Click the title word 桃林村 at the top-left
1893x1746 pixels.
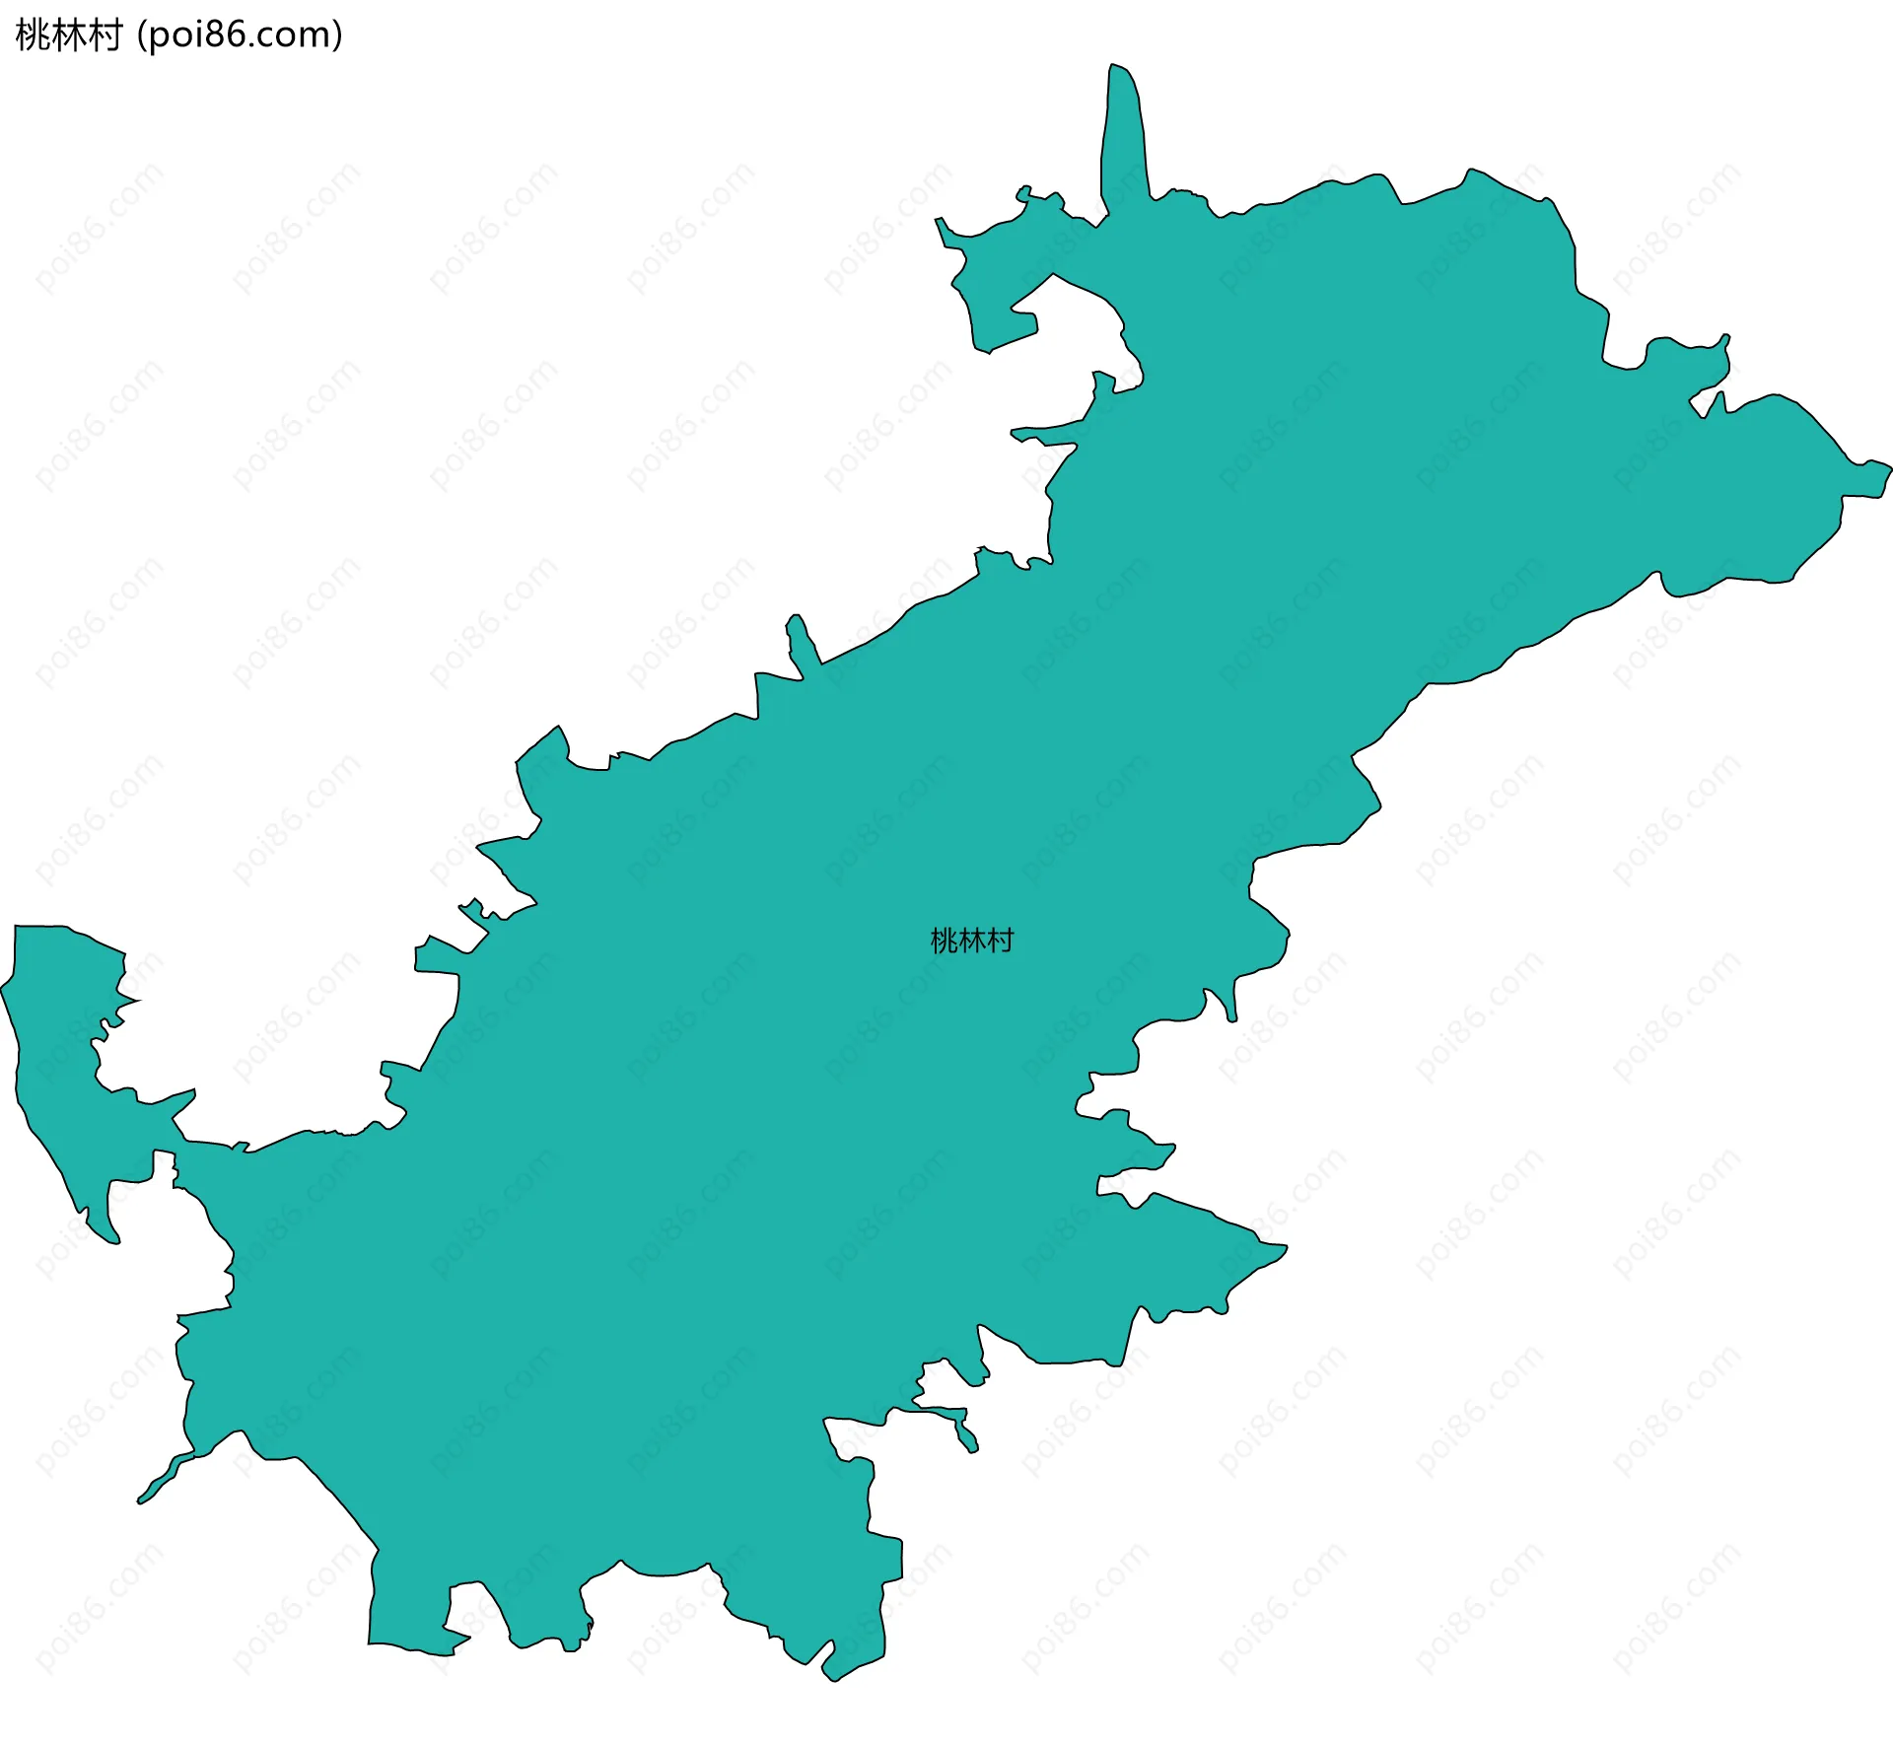[x=68, y=35]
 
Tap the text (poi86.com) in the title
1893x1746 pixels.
[x=241, y=35]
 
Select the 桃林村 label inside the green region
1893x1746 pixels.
[x=971, y=942]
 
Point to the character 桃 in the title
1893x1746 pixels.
[x=33, y=35]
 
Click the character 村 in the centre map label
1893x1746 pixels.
[x=1001, y=942]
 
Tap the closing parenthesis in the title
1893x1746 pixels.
[x=337, y=35]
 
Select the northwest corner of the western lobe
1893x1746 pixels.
[x=18, y=929]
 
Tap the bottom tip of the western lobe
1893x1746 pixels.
[x=113, y=1240]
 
